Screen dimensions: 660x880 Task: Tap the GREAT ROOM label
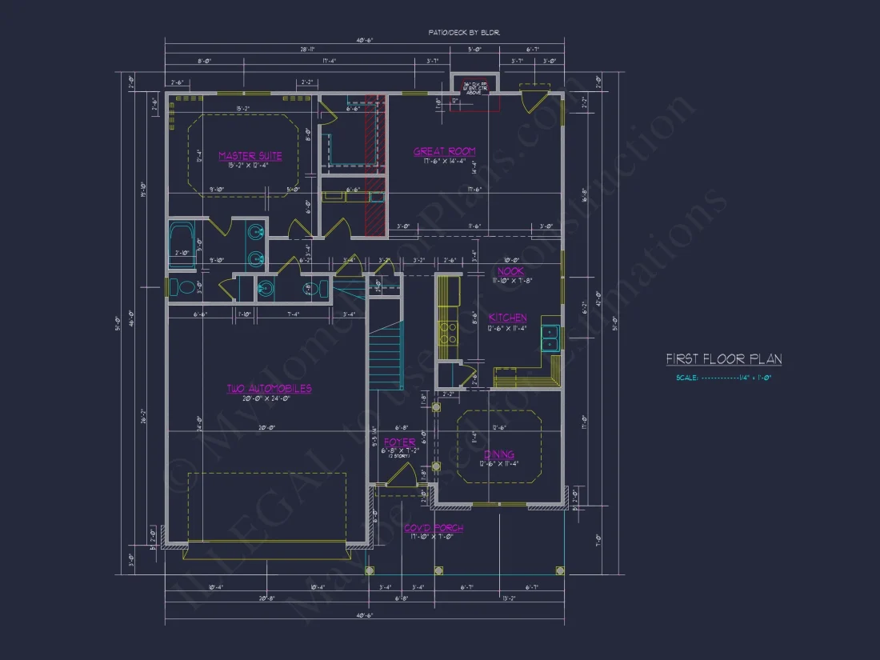(x=444, y=151)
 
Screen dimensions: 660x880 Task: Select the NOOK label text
(x=510, y=272)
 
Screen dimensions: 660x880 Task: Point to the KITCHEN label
(x=508, y=318)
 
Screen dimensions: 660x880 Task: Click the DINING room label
(x=498, y=454)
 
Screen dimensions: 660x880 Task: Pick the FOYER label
(x=399, y=442)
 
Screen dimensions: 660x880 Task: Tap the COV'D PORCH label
(x=433, y=528)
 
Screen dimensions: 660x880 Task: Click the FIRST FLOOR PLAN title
(x=724, y=359)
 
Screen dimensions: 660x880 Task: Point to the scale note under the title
(x=723, y=378)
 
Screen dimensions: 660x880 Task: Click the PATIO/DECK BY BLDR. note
(x=464, y=33)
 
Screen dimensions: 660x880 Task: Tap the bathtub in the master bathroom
(x=180, y=244)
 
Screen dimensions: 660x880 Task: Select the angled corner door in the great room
(x=531, y=100)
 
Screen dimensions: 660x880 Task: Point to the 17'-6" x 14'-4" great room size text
(x=444, y=161)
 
